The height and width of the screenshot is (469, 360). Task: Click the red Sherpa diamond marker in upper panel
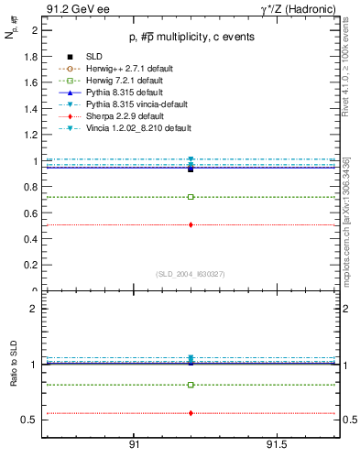click(x=191, y=224)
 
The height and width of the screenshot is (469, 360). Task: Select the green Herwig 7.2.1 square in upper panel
click(x=191, y=197)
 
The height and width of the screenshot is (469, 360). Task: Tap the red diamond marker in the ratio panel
click(x=191, y=413)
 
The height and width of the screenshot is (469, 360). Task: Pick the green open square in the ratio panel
click(x=191, y=385)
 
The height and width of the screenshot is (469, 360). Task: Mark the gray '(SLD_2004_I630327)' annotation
click(x=190, y=274)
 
